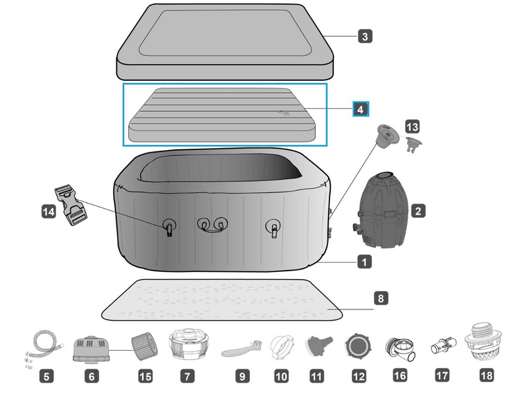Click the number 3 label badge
[x=364, y=36]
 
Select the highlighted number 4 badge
[x=360, y=109]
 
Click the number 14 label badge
[x=49, y=211]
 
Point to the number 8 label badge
[x=380, y=298]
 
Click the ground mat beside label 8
[x=224, y=298]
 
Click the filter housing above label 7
[x=187, y=344]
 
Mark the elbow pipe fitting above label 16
[x=400, y=346]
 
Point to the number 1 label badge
[x=364, y=262]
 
